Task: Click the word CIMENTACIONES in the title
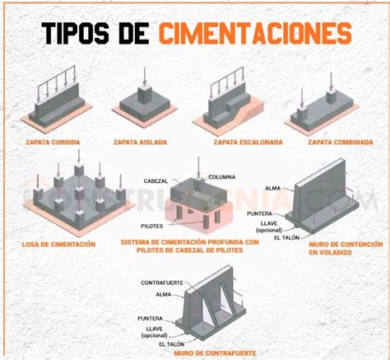(254, 34)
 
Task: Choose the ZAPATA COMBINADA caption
(341, 142)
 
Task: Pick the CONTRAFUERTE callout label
(160, 283)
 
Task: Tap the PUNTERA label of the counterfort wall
(152, 317)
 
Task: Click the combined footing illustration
(338, 103)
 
